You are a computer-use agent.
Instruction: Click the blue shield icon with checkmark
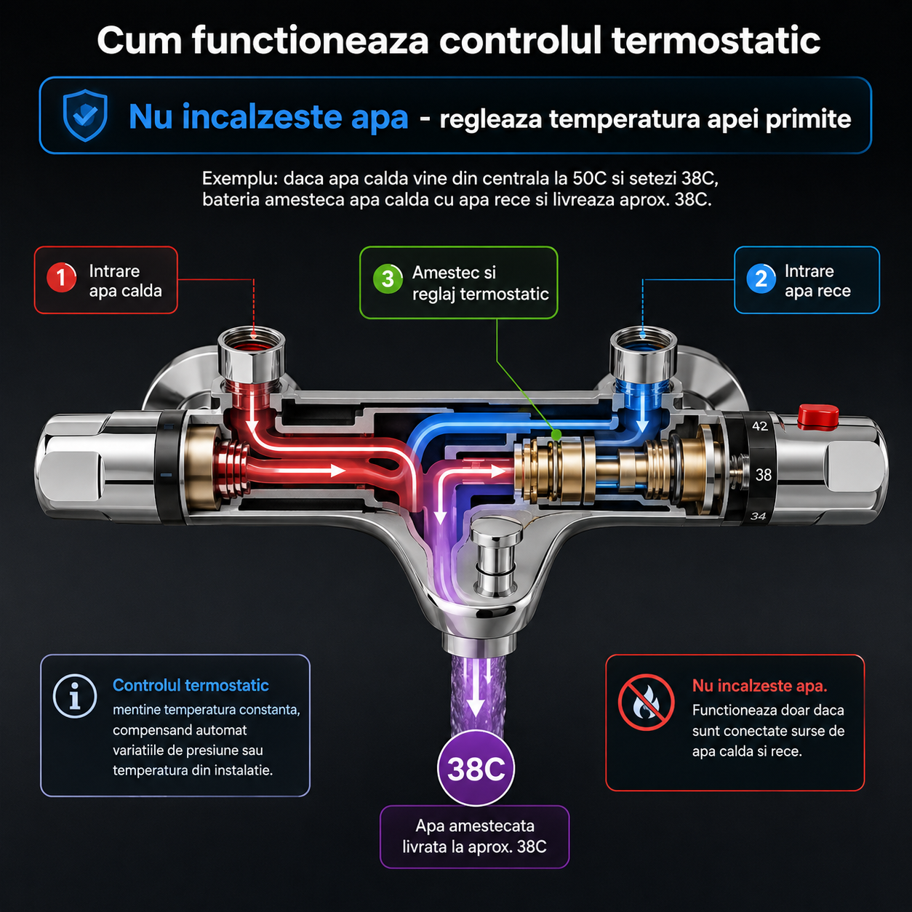(x=85, y=116)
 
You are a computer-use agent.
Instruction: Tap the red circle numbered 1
(x=62, y=278)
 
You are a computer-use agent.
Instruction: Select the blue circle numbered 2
(x=761, y=279)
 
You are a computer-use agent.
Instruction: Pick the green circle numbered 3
(x=388, y=279)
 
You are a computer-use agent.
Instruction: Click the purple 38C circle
(x=476, y=768)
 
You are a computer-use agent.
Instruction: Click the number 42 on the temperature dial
(x=759, y=426)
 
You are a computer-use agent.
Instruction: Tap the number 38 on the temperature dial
(x=764, y=474)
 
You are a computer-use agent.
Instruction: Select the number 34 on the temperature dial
(x=759, y=516)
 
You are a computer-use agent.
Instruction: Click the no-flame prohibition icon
(x=646, y=703)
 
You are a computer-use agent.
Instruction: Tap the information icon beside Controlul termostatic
(x=75, y=696)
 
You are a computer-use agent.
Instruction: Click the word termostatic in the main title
(x=716, y=41)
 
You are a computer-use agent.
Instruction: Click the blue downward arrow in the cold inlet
(x=642, y=413)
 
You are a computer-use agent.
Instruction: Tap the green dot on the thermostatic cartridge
(x=556, y=434)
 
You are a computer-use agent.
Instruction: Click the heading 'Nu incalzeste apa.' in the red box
(x=759, y=686)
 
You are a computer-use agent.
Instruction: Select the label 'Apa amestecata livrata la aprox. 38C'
(x=475, y=836)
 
